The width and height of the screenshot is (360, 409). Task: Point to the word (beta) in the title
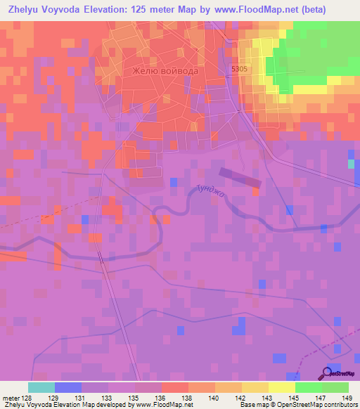[x=337, y=9]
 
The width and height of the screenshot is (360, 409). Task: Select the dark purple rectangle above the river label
[x=240, y=177]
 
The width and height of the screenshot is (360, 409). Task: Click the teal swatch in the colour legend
[x=41, y=387]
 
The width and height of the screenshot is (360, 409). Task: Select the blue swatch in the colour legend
[x=67, y=387]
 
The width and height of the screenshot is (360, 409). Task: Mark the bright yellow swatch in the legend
[x=281, y=387]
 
